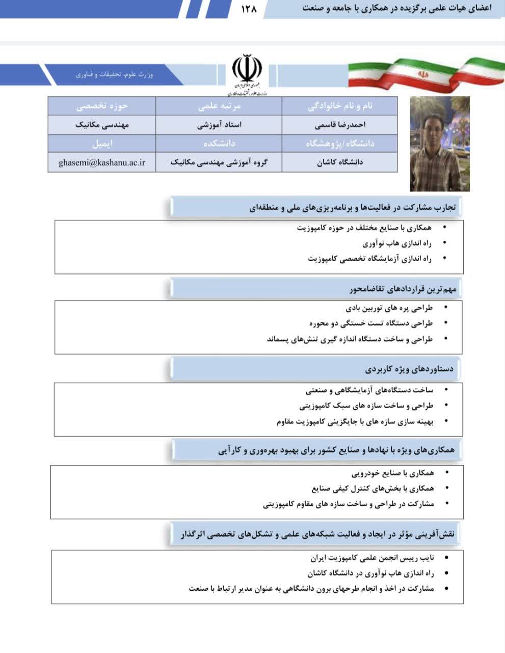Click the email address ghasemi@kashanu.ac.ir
click(102, 162)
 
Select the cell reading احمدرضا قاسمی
click(340, 125)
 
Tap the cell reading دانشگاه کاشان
click(340, 162)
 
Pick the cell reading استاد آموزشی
click(219, 125)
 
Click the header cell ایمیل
click(102, 144)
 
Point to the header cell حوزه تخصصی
click(102, 106)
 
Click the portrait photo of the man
click(440, 143)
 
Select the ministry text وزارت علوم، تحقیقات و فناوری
click(114, 74)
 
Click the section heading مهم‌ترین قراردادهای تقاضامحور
click(403, 289)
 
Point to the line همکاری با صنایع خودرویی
click(393, 473)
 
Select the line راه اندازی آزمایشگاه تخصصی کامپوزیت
click(370, 259)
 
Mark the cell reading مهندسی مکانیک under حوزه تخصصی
click(102, 125)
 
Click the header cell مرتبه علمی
click(219, 106)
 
